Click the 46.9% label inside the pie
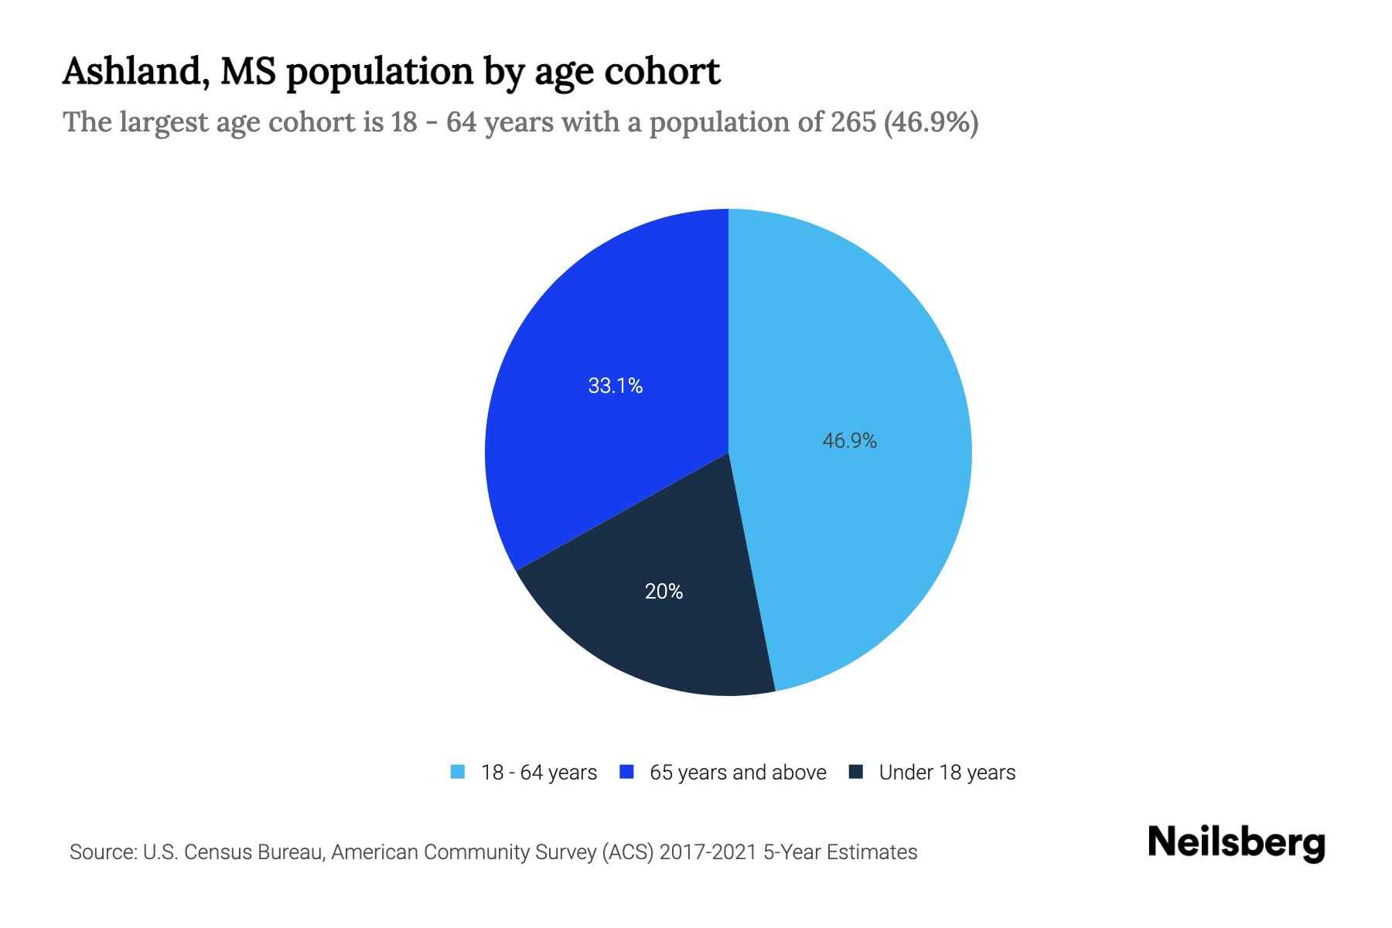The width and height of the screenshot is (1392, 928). (x=849, y=441)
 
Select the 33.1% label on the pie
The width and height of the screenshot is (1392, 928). (x=615, y=386)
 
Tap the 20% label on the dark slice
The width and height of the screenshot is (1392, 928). (x=664, y=592)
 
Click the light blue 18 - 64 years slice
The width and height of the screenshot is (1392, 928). (x=866, y=348)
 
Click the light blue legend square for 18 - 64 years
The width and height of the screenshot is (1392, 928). (x=458, y=772)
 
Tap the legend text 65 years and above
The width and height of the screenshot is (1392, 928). (x=738, y=773)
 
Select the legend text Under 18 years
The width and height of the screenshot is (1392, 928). (x=947, y=773)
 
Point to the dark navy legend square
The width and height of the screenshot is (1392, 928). (x=855, y=772)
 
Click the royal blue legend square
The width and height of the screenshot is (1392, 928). (x=627, y=772)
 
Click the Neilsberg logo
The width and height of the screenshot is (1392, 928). (x=1236, y=843)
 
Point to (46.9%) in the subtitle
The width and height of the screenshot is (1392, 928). (x=931, y=122)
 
